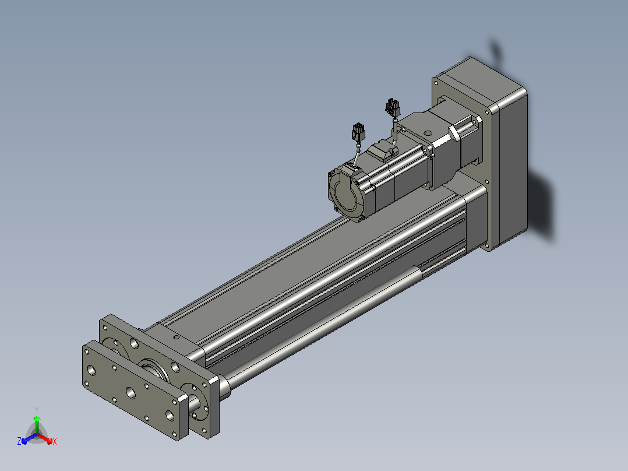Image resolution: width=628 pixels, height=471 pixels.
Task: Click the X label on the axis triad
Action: pos(55,441)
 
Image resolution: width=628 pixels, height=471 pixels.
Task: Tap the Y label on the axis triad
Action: pos(37,410)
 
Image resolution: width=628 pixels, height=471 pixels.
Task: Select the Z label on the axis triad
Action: pos(19,441)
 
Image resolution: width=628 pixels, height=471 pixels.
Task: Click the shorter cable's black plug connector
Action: pos(358,132)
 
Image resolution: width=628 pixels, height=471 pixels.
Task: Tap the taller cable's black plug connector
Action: pos(393,107)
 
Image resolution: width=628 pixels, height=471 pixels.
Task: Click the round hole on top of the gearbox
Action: pos(428,133)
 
